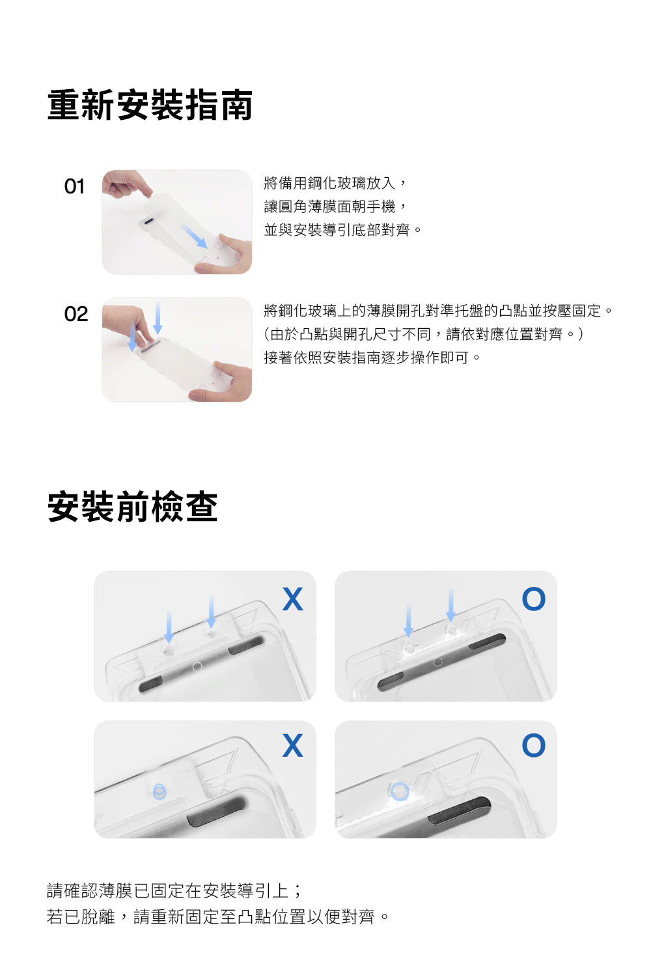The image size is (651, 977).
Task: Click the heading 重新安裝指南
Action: [150, 105]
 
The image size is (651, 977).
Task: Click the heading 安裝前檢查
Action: [132, 506]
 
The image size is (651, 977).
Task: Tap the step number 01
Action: [74, 187]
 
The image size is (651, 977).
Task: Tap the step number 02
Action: [76, 314]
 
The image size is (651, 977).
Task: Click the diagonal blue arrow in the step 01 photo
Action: [194, 236]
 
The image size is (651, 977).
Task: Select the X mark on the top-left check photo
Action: [292, 599]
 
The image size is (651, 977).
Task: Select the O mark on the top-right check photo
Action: [534, 599]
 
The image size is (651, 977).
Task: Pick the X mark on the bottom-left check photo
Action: [292, 745]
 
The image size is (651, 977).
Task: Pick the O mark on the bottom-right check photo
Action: [534, 745]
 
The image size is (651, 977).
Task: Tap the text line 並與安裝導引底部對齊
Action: [342, 229]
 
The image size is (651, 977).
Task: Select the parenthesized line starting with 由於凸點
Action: [423, 334]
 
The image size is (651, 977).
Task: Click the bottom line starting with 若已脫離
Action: [217, 916]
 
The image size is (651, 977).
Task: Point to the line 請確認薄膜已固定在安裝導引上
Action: [174, 890]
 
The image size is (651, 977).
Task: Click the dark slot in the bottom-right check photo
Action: [459, 810]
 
